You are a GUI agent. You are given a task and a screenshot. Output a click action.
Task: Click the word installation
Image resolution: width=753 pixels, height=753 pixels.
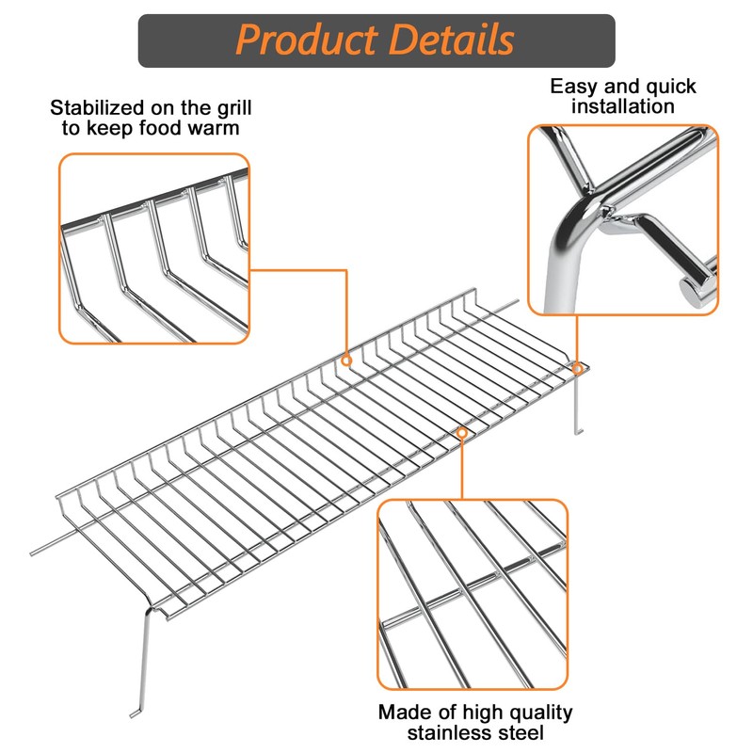[x=624, y=106]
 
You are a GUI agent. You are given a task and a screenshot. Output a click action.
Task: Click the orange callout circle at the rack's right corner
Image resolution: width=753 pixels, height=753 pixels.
[x=578, y=369]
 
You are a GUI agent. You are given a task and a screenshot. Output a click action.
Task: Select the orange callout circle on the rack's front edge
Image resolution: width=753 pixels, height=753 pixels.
[x=462, y=432]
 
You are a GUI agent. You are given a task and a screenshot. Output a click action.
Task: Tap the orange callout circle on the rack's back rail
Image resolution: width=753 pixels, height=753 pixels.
[x=346, y=360]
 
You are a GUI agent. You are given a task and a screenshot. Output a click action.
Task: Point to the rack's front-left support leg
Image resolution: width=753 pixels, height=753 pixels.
[x=141, y=659]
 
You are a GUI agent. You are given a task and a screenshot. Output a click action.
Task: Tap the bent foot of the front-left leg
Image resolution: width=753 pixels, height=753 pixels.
[x=136, y=713]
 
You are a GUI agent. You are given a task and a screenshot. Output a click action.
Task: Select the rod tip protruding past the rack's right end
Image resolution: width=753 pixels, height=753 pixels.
[x=516, y=303]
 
